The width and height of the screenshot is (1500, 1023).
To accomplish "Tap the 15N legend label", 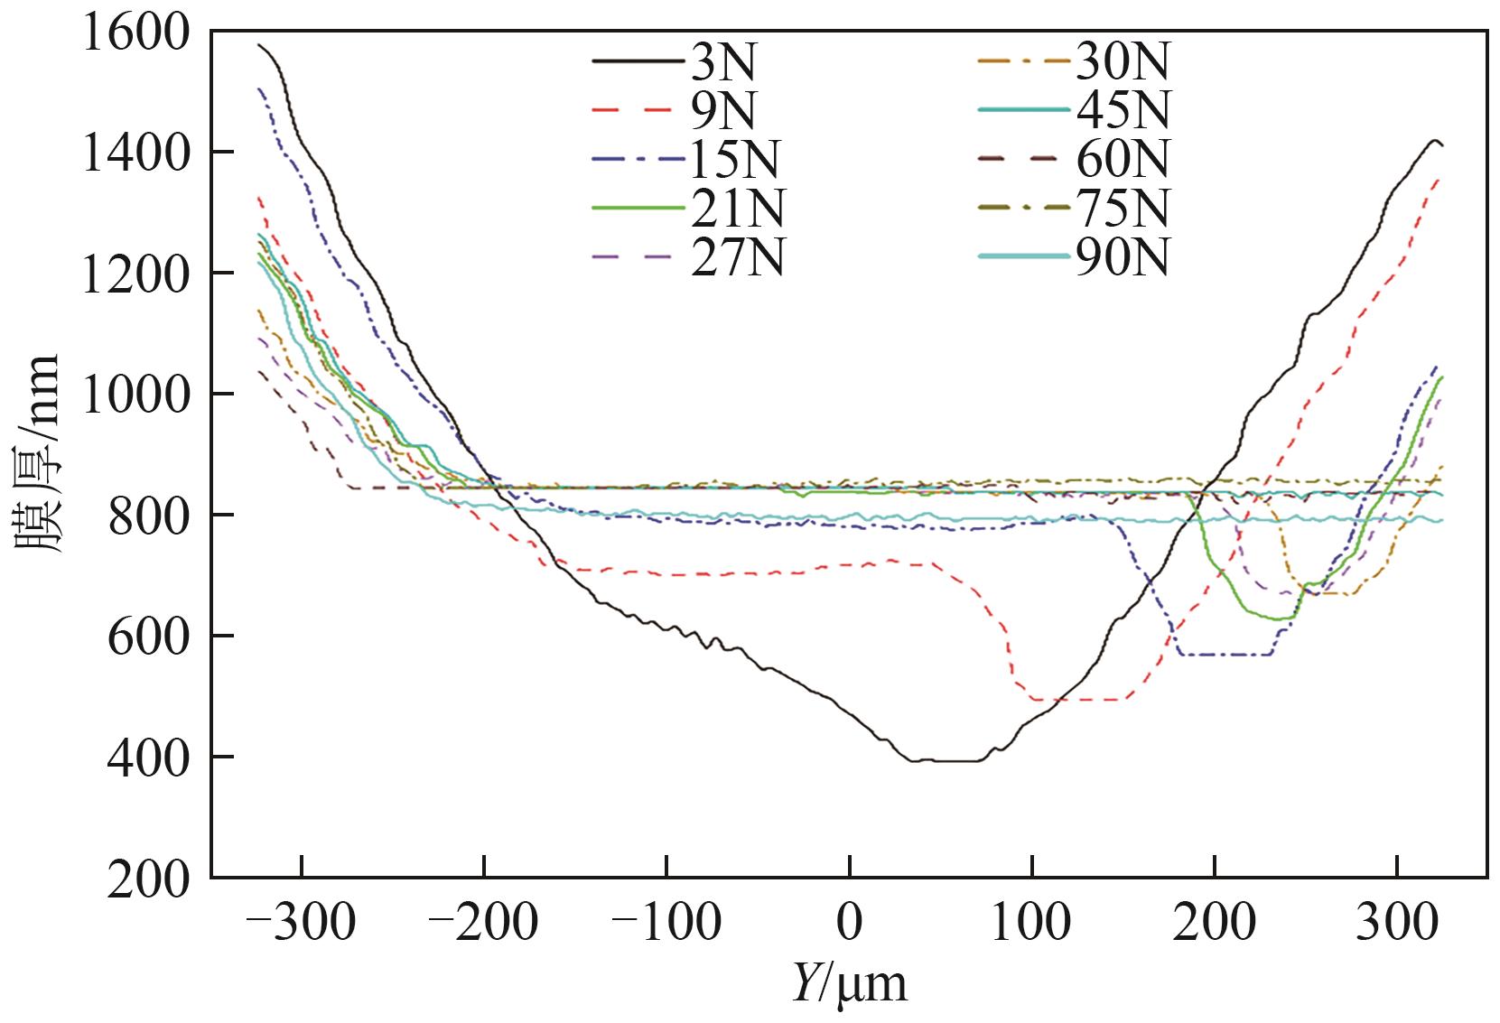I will (x=733, y=160).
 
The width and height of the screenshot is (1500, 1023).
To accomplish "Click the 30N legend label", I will (x=1123, y=62).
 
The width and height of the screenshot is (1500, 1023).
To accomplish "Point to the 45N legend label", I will (x=1123, y=111).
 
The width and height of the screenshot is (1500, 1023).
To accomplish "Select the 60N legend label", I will (x=1123, y=160).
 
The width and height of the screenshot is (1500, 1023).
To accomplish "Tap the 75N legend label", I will (x=1123, y=209).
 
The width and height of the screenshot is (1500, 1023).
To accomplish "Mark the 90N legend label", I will (x=1123, y=259).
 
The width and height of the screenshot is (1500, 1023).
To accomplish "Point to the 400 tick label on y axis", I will (x=149, y=758).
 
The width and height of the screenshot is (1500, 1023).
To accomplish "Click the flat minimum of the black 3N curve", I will (x=948, y=760).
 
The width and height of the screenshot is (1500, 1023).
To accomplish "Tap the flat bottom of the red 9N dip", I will (x=1079, y=699).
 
